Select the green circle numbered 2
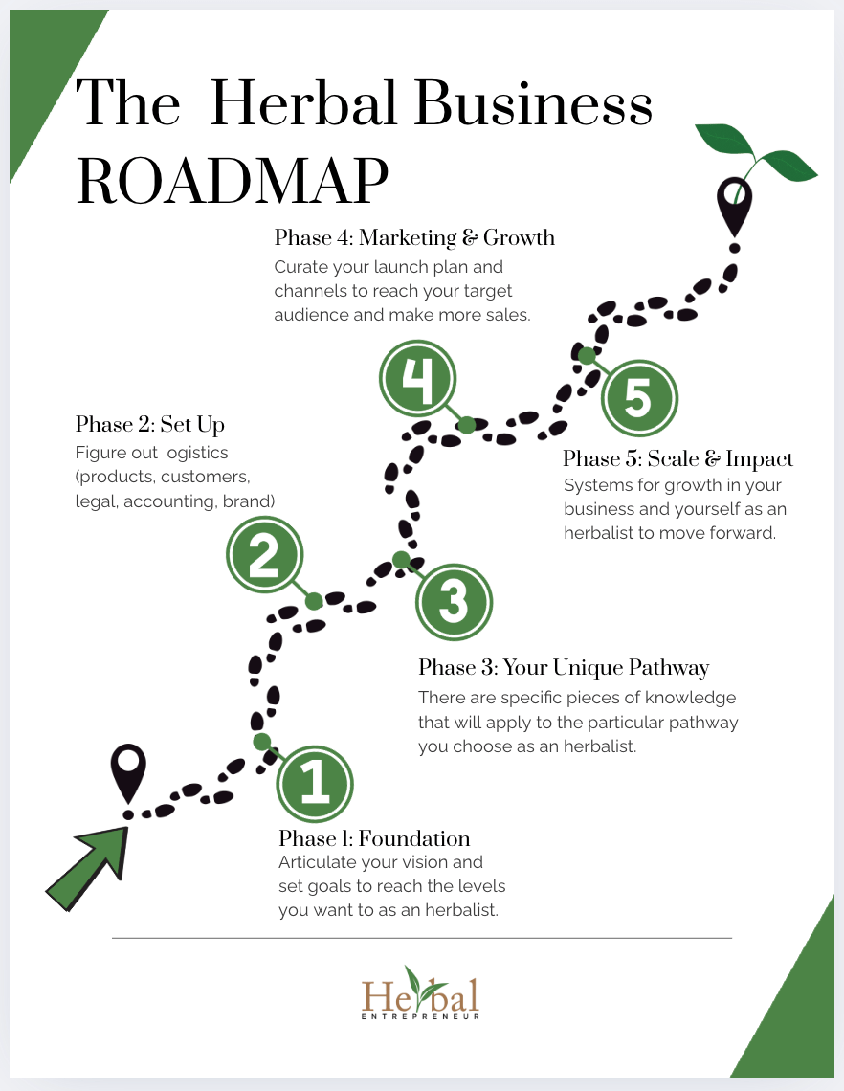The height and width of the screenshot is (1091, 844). (x=264, y=557)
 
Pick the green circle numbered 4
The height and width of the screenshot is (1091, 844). (x=416, y=380)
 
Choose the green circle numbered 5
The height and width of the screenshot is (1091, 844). (x=639, y=397)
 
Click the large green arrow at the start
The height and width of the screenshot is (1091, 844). (x=89, y=866)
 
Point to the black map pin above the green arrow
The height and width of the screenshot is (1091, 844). (x=128, y=773)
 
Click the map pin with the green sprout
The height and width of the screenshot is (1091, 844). (x=735, y=206)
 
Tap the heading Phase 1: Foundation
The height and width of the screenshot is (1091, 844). (x=374, y=839)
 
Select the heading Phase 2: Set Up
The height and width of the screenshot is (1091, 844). (x=150, y=424)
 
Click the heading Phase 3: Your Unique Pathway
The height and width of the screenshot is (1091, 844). (x=564, y=667)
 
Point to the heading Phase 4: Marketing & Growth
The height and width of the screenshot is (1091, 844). (x=414, y=237)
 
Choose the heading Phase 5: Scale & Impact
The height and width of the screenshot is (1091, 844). (x=677, y=459)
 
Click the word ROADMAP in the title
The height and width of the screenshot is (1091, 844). (x=233, y=179)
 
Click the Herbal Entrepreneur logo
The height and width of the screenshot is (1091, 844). (x=421, y=993)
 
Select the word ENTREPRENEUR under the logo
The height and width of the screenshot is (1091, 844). (x=421, y=1016)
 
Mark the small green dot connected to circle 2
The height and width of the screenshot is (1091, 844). (x=313, y=601)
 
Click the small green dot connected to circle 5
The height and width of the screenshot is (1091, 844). (x=586, y=355)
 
